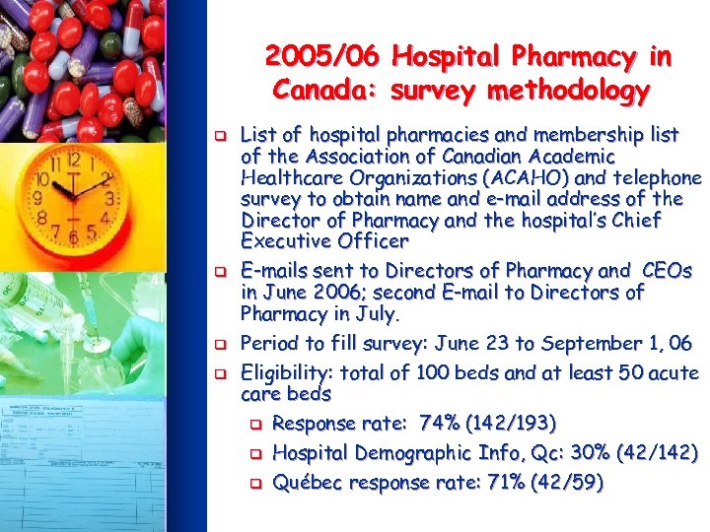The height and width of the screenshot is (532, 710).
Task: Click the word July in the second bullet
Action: click(378, 314)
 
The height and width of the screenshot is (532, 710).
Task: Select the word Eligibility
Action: click(286, 373)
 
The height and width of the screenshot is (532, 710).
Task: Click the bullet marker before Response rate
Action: click(254, 425)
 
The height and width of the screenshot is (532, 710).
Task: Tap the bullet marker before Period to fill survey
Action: click(223, 345)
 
